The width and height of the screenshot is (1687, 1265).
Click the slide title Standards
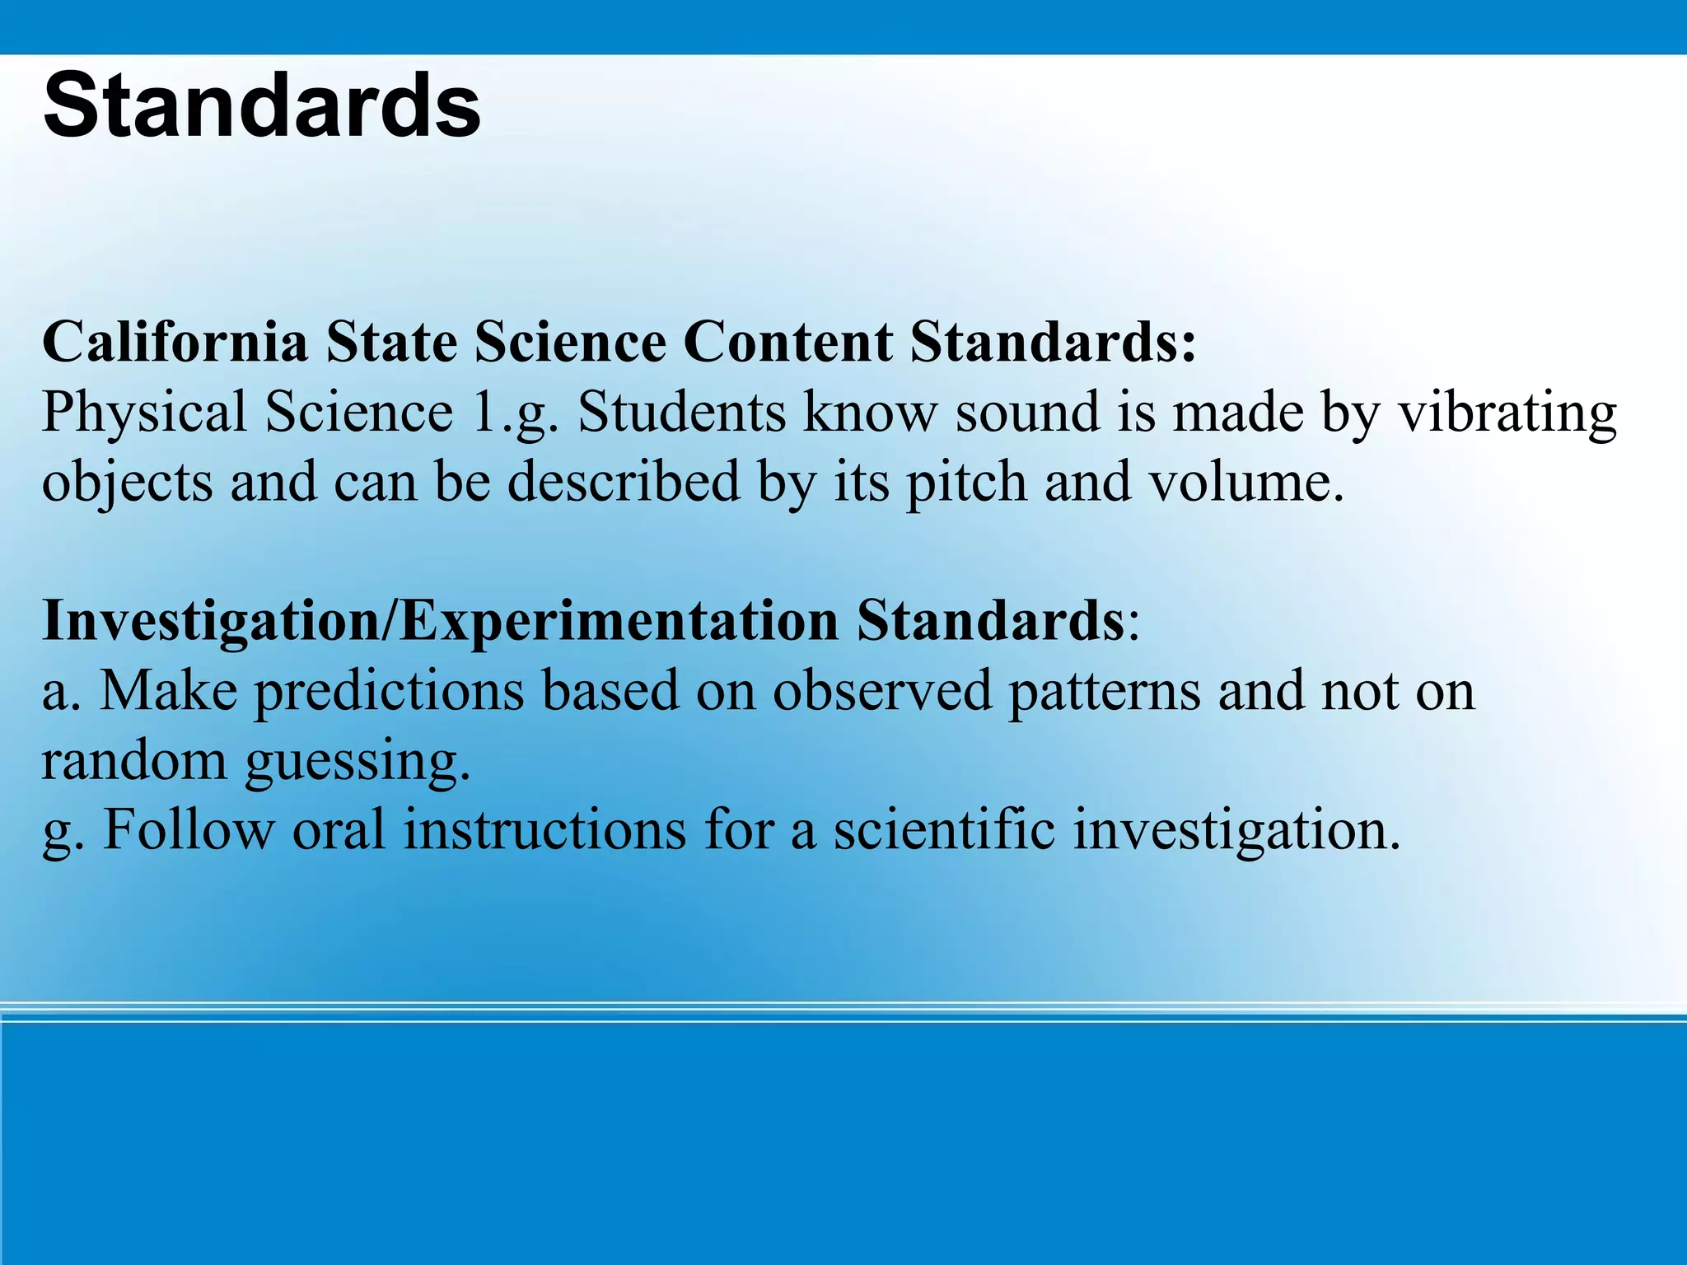[262, 105]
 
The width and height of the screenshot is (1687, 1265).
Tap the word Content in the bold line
[787, 341]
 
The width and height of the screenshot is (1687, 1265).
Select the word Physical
[144, 412]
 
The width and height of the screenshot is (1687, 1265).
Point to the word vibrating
[1507, 412]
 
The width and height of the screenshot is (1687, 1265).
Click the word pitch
[966, 481]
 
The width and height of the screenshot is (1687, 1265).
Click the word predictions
[388, 690]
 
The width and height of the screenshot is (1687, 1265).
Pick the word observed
[881, 690]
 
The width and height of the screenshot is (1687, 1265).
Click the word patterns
[1105, 690]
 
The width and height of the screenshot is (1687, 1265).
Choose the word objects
[127, 483]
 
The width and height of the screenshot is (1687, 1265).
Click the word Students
[681, 412]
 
